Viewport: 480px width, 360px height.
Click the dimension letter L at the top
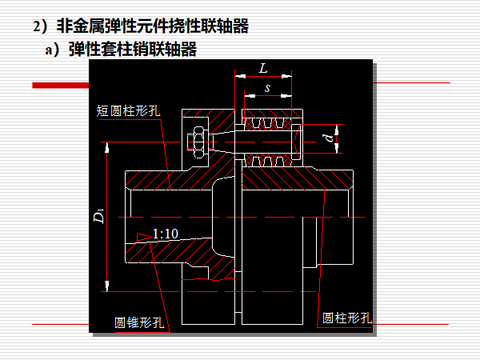263,67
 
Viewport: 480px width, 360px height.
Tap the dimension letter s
266,87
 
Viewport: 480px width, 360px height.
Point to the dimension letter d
329,138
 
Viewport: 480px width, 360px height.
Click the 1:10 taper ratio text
164,234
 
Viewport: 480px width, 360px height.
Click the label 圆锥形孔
139,322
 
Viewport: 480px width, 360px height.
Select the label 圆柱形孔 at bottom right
347,318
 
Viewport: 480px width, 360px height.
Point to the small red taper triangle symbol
142,234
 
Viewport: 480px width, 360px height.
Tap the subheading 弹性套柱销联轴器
132,50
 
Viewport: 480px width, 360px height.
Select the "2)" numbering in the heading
42,26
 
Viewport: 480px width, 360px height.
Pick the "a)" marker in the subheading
54,50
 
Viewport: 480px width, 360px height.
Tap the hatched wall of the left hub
160,179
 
